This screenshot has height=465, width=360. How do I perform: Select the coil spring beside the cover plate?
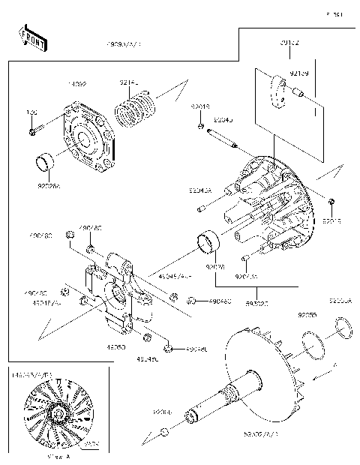(136, 109)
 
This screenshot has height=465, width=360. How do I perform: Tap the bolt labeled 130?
(34, 132)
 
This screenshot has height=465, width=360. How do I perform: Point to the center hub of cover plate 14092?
(87, 141)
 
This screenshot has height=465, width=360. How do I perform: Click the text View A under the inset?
(58, 455)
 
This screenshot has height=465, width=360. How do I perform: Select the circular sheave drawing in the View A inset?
(55, 415)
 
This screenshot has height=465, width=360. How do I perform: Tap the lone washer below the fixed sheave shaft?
(164, 432)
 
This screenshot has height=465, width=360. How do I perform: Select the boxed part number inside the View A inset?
(91, 443)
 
